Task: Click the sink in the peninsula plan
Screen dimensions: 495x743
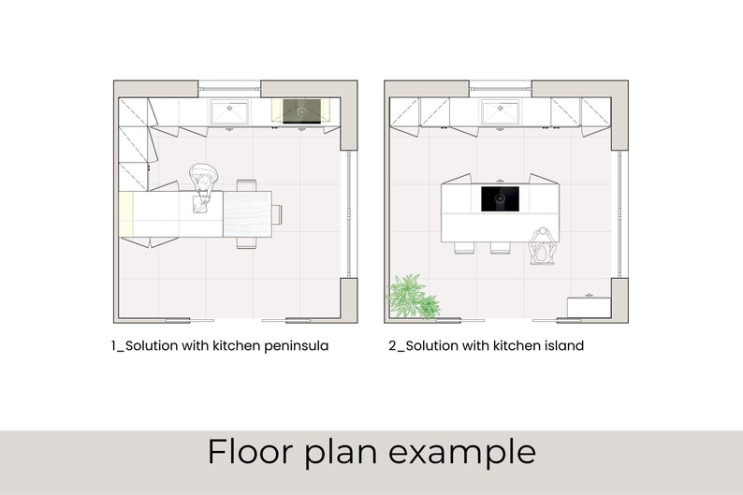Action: (x=229, y=112)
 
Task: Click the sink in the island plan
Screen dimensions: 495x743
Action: (x=499, y=112)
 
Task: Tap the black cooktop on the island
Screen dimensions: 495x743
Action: (x=500, y=198)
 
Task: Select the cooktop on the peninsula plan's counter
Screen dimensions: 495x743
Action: (x=301, y=111)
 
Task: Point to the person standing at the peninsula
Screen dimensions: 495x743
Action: (x=204, y=183)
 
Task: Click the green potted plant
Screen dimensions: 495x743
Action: (x=411, y=297)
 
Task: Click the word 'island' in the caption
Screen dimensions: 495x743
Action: (x=562, y=346)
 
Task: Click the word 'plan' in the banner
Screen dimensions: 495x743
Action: (x=342, y=453)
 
